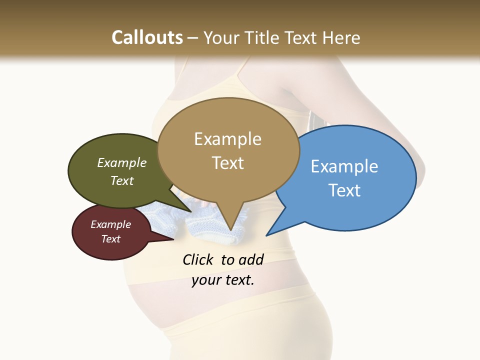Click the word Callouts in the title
[147, 37]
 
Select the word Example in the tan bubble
[227, 139]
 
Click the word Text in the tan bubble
[227, 163]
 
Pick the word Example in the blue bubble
[344, 166]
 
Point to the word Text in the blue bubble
[344, 190]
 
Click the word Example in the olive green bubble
[122, 162]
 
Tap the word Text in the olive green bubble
[122, 180]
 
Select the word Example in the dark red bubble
[110, 224]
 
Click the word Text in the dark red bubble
[110, 239]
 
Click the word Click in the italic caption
[198, 259]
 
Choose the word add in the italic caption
[250, 259]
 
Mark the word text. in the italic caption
[238, 280]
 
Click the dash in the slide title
[193, 38]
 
